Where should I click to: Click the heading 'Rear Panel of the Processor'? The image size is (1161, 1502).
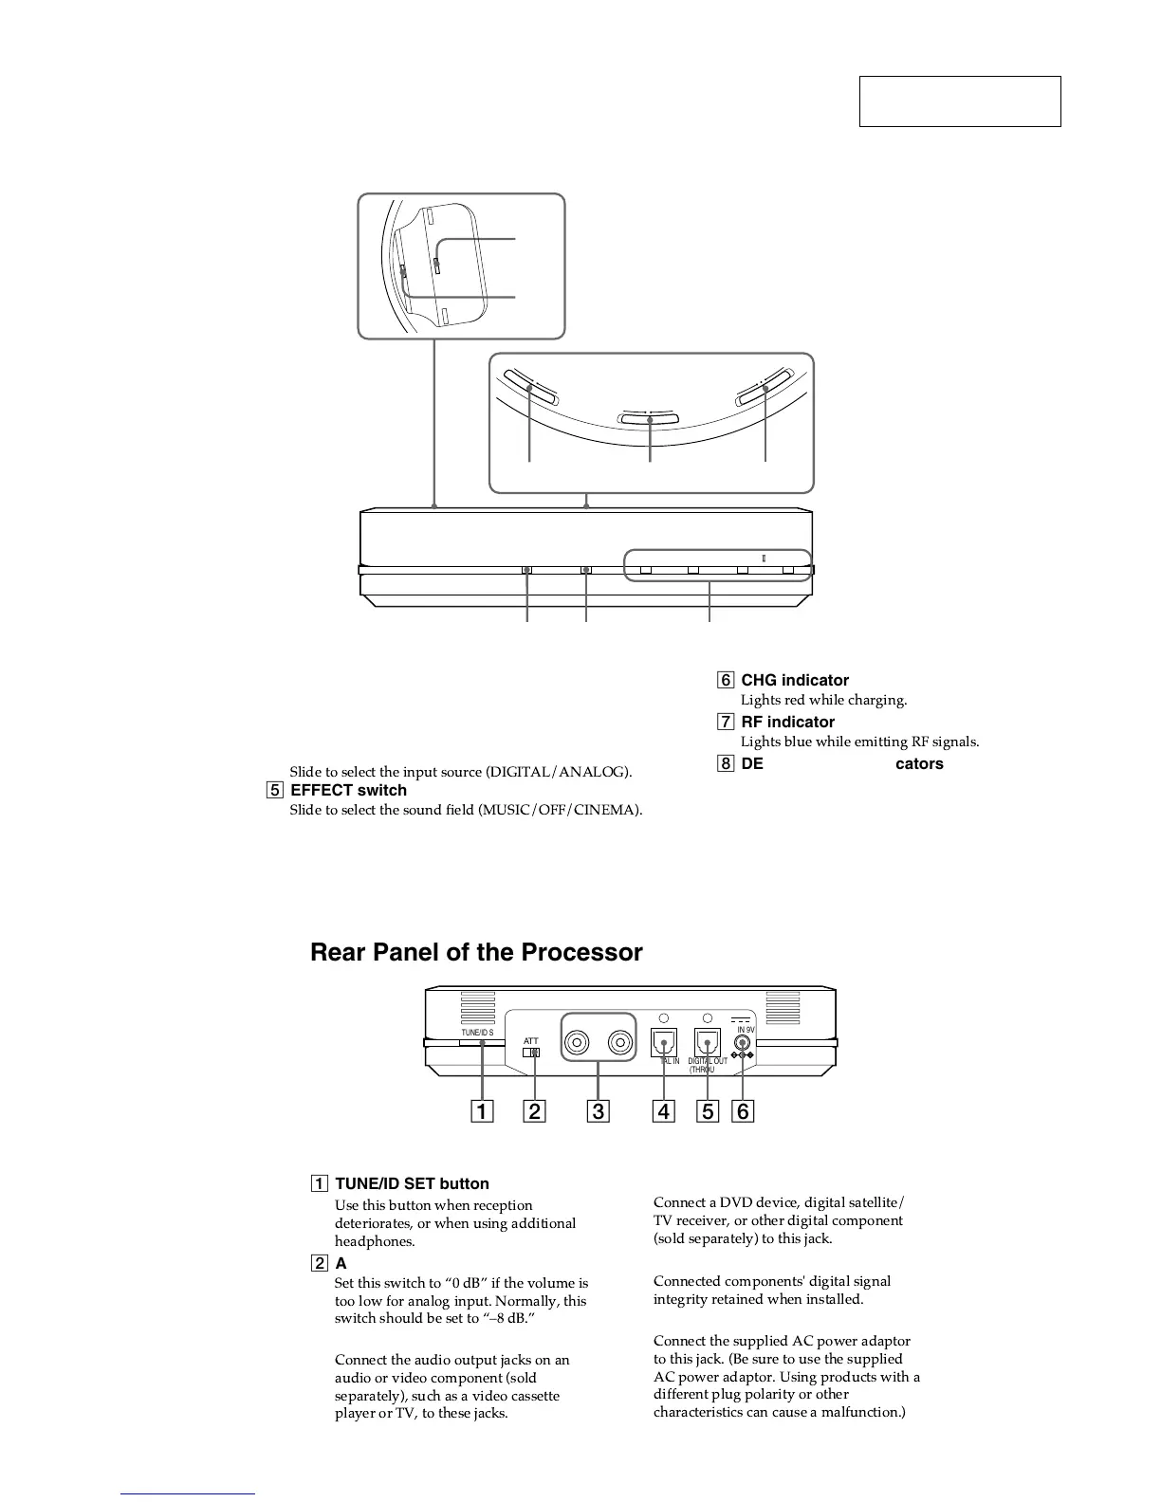(476, 953)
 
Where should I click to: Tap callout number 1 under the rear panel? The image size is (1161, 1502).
(482, 1110)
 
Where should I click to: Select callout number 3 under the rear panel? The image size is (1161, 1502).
(598, 1110)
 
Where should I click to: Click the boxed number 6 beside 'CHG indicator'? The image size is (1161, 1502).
(726, 680)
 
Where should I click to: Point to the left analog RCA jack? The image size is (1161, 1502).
(577, 1043)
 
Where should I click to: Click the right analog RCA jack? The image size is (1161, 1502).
(620, 1043)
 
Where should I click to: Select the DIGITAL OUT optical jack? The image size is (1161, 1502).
(708, 1042)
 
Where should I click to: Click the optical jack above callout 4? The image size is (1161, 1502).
(664, 1042)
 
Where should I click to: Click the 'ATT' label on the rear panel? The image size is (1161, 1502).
(531, 1040)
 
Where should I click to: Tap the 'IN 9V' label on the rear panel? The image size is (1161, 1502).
(746, 1030)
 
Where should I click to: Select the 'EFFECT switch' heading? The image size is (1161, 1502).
(348, 790)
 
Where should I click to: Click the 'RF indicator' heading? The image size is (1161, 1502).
(787, 722)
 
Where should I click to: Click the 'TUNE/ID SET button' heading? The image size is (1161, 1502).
(412, 1183)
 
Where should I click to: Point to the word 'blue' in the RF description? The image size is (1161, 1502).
(802, 742)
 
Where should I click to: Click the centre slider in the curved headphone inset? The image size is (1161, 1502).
(650, 418)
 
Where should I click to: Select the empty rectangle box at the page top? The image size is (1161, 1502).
(959, 101)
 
